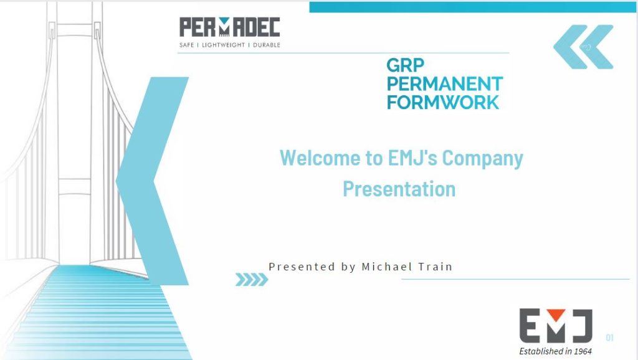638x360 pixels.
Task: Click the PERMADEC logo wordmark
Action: click(x=229, y=27)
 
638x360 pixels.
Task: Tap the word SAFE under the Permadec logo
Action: click(x=187, y=45)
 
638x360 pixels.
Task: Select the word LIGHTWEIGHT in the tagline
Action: click(x=224, y=45)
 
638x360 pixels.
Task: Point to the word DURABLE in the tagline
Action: click(x=267, y=45)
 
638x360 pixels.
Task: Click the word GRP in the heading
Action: click(x=405, y=65)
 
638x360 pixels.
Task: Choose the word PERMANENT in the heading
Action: click(x=445, y=84)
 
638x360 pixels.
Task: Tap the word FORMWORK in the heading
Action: click(x=443, y=102)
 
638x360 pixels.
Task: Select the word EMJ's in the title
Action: click(x=412, y=158)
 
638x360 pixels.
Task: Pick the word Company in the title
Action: click(x=483, y=159)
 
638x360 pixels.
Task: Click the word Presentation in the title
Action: click(x=399, y=189)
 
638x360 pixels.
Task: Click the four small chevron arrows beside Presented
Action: click(x=252, y=280)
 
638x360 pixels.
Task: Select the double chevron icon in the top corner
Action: click(x=583, y=47)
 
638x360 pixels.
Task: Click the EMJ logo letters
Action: click(x=556, y=326)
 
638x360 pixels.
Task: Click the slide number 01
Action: click(x=609, y=337)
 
